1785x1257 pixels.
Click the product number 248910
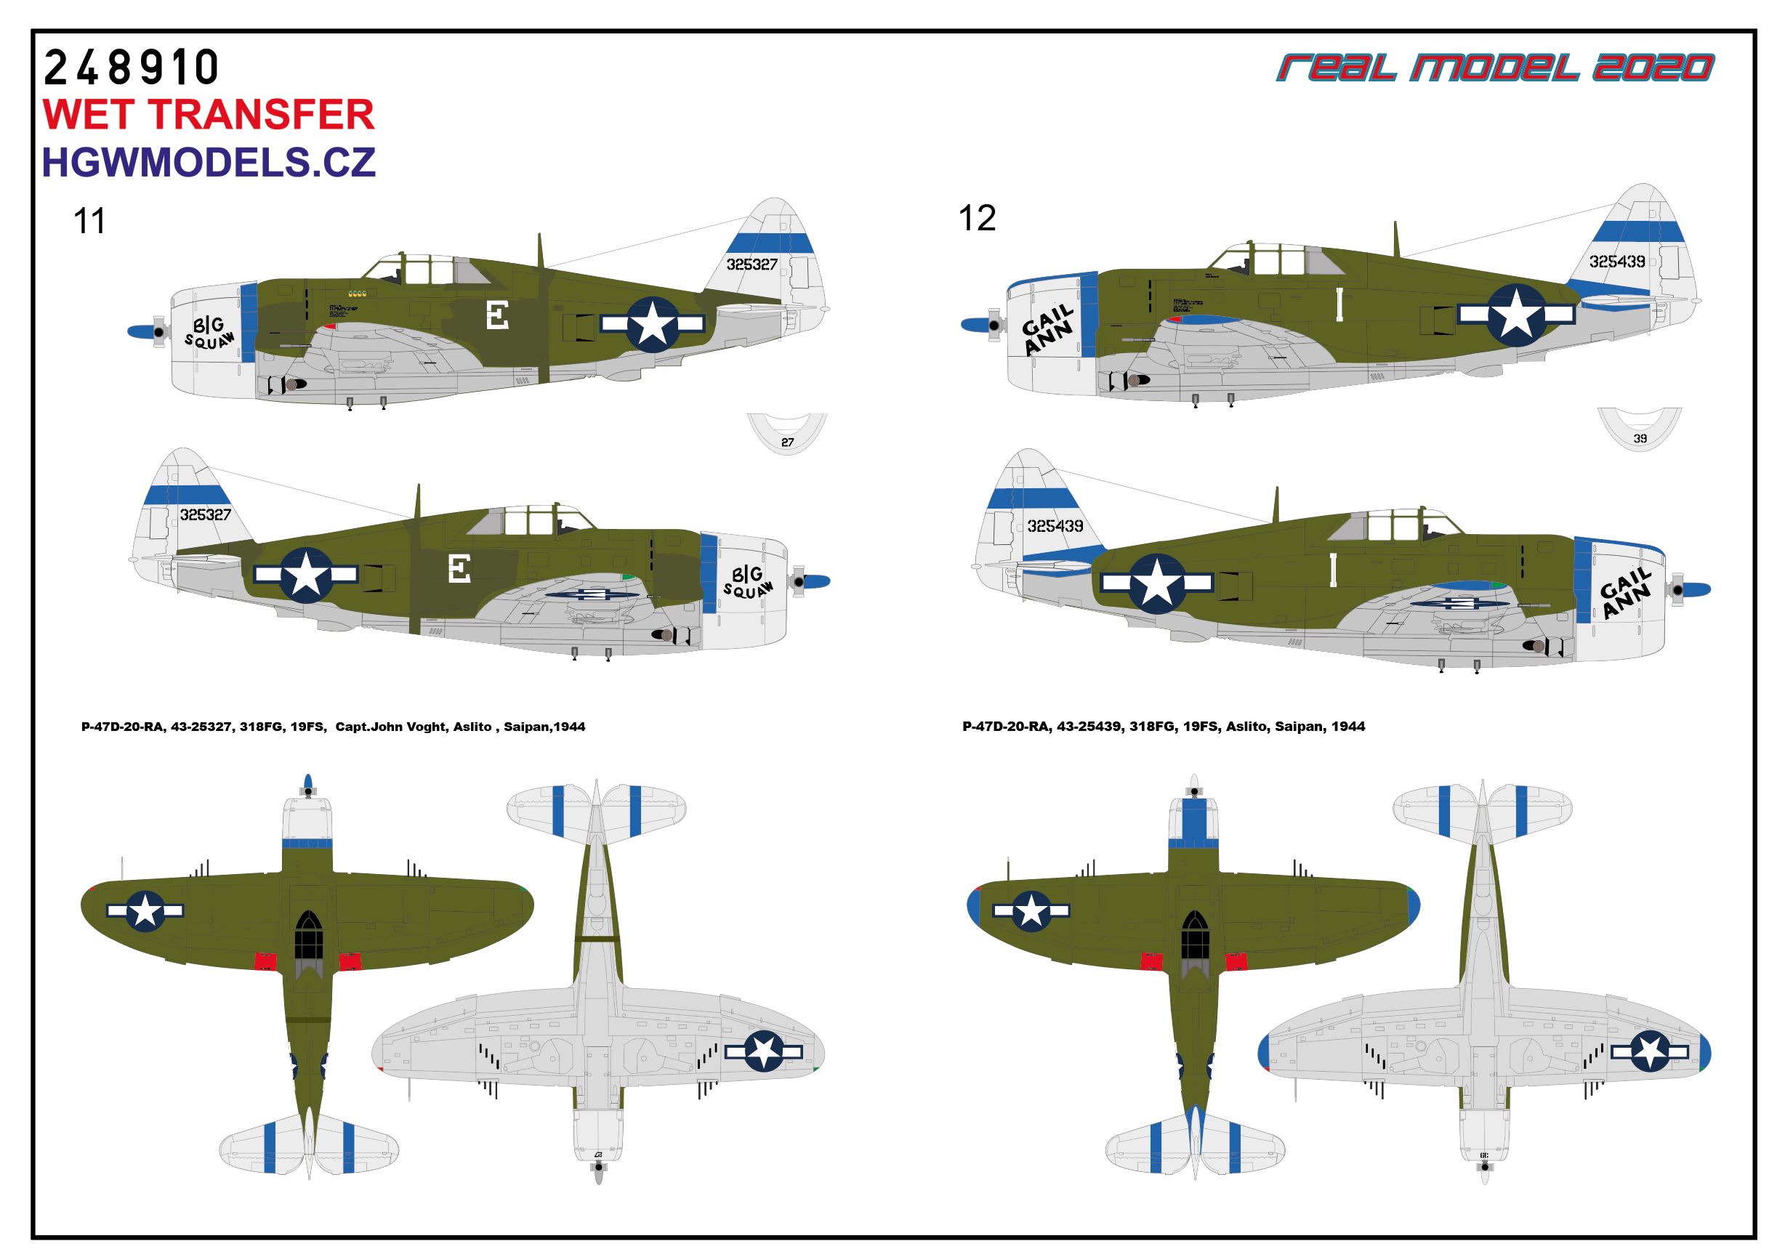click(x=131, y=68)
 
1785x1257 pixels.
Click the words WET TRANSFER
click(x=209, y=114)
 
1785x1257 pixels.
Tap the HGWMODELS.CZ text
click(x=209, y=162)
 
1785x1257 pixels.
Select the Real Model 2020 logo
click(x=1494, y=68)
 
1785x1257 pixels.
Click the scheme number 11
click(x=89, y=222)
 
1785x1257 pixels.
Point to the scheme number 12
click(x=977, y=219)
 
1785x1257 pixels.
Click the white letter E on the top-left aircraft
click(x=497, y=315)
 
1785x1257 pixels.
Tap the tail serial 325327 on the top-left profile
click(x=752, y=264)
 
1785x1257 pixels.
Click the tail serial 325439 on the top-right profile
click(x=1617, y=262)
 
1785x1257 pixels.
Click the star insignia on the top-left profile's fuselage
click(x=652, y=323)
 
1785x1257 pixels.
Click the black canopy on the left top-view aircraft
click(x=309, y=936)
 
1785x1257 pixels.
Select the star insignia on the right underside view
click(x=1650, y=1052)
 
